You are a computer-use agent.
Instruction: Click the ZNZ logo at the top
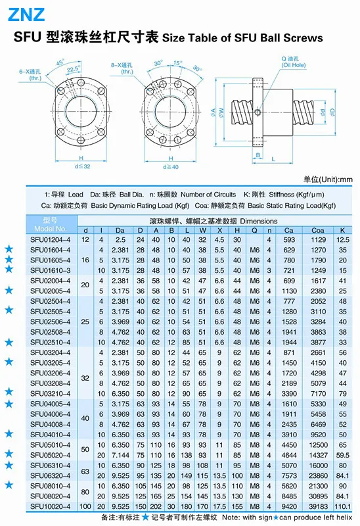point(26,14)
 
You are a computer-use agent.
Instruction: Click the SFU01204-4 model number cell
point(51,240)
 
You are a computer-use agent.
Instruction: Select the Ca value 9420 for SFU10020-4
point(289,506)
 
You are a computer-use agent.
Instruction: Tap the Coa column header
point(317,231)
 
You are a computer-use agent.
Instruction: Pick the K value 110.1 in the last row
point(342,506)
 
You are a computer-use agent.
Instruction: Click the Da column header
point(120,231)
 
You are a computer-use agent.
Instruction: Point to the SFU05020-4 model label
point(51,455)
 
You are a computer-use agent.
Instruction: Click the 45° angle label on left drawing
point(60,62)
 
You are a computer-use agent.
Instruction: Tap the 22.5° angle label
point(74,69)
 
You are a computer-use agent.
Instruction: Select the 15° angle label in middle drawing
point(177,62)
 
